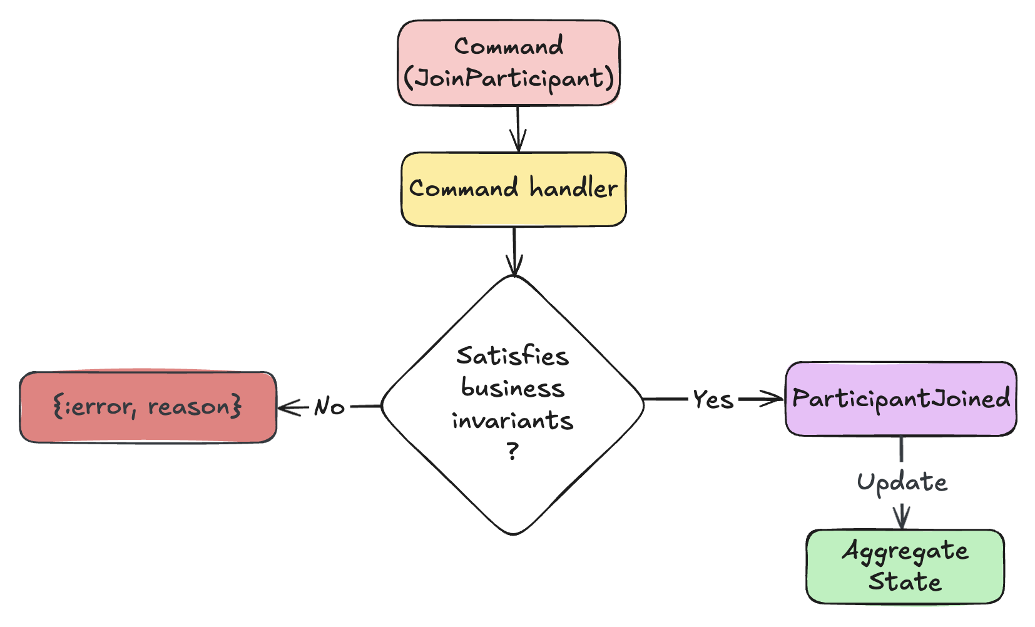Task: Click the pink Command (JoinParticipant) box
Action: coord(509,63)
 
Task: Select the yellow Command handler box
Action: coord(513,189)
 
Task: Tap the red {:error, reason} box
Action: coord(148,407)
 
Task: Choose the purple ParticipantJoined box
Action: coord(900,399)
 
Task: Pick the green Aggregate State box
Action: coord(905,566)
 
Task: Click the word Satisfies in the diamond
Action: coord(512,356)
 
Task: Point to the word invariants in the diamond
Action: coord(512,421)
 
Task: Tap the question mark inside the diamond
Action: coord(513,451)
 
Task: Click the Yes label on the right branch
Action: coord(713,399)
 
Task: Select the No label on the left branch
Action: coord(329,407)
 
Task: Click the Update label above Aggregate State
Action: coord(902,482)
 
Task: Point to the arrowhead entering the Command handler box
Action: coord(518,143)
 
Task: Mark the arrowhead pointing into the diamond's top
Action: coord(514,268)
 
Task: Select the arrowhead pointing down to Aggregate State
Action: coord(902,519)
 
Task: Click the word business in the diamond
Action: coord(512,389)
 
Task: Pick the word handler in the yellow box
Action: coord(573,188)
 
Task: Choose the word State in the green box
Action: coord(905,582)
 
